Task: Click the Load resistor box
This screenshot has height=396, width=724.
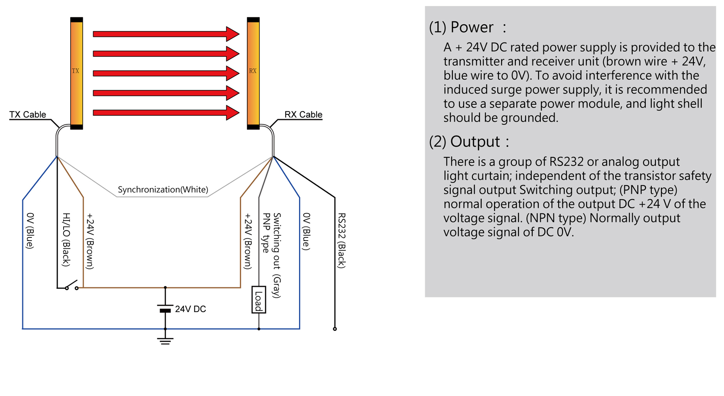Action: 259,300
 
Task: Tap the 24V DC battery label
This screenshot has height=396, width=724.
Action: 190,309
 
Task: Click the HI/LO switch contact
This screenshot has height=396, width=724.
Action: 72,285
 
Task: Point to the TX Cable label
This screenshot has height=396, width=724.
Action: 27,115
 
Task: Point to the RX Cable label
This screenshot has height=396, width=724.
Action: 303,115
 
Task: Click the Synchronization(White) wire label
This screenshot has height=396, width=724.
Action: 163,190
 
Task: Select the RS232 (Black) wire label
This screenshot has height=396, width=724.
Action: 341,241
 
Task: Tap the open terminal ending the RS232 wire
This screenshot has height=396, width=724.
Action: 335,329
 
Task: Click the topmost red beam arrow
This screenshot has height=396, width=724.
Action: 166,34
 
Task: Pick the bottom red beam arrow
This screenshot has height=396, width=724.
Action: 166,113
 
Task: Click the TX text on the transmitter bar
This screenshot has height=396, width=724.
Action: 76,71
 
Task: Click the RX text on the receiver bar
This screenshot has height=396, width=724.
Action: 253,71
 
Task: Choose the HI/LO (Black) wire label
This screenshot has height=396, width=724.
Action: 66,240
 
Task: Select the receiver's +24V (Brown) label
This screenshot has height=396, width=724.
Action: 248,241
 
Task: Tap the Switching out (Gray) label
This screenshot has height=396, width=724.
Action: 277,255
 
